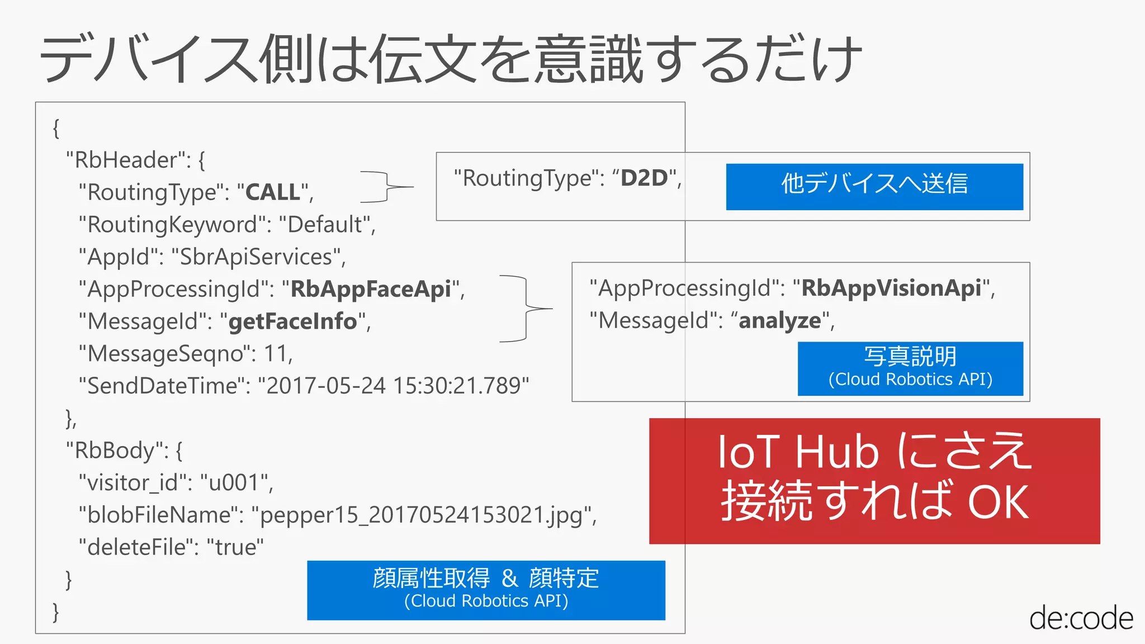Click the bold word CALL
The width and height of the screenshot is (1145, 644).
272,192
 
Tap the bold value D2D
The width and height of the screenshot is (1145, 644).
644,178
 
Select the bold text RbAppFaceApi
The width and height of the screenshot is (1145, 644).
370,289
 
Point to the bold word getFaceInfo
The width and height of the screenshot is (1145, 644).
292,321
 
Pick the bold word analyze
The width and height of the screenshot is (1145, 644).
779,320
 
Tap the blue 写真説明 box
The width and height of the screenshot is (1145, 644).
910,368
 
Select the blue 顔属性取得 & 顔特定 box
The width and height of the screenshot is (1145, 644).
486,590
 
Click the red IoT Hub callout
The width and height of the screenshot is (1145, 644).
874,481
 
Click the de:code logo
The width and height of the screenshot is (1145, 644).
1080,618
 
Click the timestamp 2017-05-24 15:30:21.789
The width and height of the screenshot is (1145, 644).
393,386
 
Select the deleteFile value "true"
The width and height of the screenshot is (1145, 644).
235,547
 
